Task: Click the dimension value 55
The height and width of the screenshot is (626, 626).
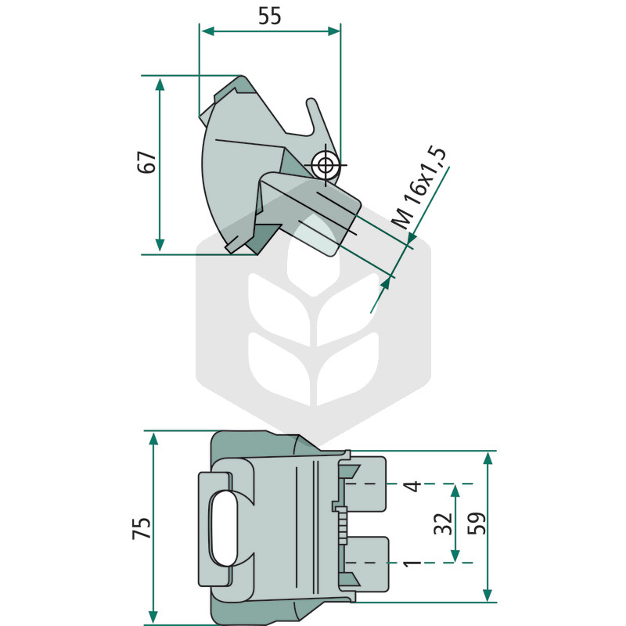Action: [270, 16]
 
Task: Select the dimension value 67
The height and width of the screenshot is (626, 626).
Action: [146, 162]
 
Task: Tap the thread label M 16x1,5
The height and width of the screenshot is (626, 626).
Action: [419, 188]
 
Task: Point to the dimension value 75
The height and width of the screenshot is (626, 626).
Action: [142, 528]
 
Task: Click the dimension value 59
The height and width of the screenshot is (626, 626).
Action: [477, 523]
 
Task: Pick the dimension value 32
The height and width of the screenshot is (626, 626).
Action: [444, 523]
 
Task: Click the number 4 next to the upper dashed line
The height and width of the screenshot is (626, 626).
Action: [412, 486]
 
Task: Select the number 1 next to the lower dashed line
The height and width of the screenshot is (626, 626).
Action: [412, 563]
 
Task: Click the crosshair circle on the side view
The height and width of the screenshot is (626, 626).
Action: [326, 164]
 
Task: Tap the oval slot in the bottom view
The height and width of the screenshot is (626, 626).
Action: [225, 529]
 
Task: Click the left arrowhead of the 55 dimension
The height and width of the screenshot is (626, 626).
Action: [207, 31]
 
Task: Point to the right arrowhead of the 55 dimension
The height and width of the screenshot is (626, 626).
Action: [334, 31]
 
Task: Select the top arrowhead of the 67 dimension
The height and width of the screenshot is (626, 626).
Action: [160, 85]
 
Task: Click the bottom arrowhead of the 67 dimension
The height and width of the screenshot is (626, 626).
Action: [160, 245]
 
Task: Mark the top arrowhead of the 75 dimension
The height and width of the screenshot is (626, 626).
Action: [153, 438]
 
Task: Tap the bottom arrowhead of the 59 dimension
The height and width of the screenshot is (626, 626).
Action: [487, 595]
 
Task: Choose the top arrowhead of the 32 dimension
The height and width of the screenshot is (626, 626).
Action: [455, 491]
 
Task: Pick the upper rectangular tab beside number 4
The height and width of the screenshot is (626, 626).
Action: [365, 484]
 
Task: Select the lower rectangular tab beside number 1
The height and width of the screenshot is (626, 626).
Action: [365, 563]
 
